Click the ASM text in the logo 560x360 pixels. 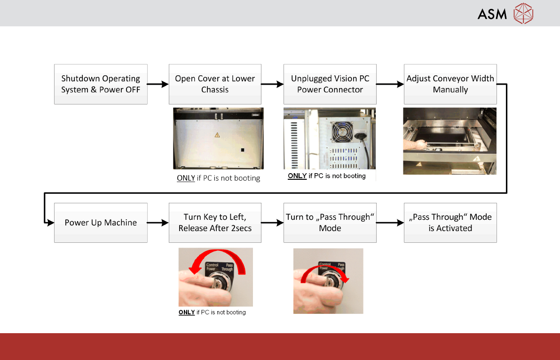click(492, 14)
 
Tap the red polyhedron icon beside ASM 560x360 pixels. click(523, 13)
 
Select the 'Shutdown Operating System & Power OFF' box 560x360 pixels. click(101, 84)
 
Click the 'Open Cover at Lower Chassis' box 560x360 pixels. click(215, 84)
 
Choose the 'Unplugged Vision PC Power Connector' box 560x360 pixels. click(330, 84)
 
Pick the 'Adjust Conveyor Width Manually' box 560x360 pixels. click(450, 84)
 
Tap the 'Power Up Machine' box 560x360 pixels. click(101, 223)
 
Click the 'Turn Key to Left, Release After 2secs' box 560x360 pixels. click(215, 223)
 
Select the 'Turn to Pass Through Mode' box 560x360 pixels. click(330, 223)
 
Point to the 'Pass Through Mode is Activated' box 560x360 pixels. click(450, 223)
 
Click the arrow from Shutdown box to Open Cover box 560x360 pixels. click(158, 85)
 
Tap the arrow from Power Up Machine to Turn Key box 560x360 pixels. click(158, 223)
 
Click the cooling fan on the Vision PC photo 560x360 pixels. click(342, 131)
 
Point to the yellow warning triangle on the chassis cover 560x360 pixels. click(217, 135)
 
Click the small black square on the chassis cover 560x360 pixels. click(243, 150)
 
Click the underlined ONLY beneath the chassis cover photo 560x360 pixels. click(186, 178)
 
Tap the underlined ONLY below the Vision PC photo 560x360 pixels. click(297, 176)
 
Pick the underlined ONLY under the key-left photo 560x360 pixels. click(187, 312)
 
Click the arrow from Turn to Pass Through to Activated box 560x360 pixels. click(390, 223)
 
